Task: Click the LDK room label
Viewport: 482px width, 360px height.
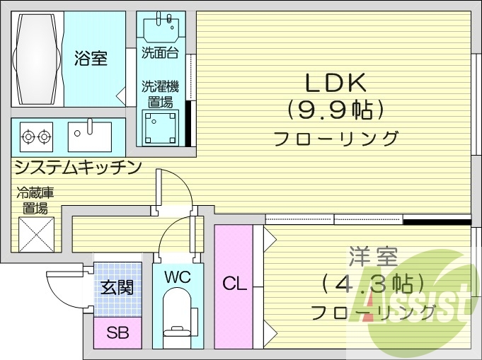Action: click(x=335, y=83)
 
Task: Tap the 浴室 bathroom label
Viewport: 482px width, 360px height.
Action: click(x=91, y=58)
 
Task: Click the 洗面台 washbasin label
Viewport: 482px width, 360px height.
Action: click(x=160, y=52)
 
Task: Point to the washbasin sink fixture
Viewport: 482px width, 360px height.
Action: click(x=161, y=28)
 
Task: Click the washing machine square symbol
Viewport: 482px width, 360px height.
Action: click(x=160, y=127)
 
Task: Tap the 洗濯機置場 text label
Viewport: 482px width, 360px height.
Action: click(x=160, y=94)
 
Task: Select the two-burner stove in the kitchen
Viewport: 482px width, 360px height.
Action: click(x=36, y=135)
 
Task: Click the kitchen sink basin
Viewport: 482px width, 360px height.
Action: click(x=90, y=136)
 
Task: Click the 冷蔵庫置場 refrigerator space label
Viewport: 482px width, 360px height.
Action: click(x=35, y=200)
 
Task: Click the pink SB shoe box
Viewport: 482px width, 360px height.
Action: click(x=117, y=332)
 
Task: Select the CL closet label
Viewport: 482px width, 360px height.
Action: click(x=234, y=284)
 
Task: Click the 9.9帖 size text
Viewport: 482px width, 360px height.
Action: click(x=336, y=110)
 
